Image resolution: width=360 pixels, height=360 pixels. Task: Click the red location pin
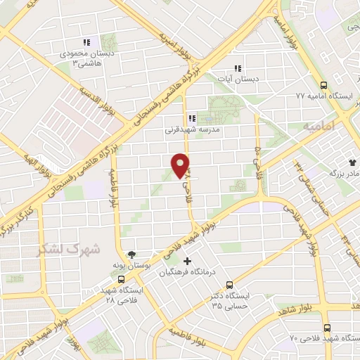pos(181,164)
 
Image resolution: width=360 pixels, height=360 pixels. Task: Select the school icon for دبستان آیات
pos(238,69)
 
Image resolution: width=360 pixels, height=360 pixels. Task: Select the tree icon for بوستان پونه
pos(131,255)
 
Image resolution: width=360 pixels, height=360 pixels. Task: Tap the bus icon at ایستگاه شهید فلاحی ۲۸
pos(122,278)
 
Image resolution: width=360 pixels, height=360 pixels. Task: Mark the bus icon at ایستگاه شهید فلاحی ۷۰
pos(327,328)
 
